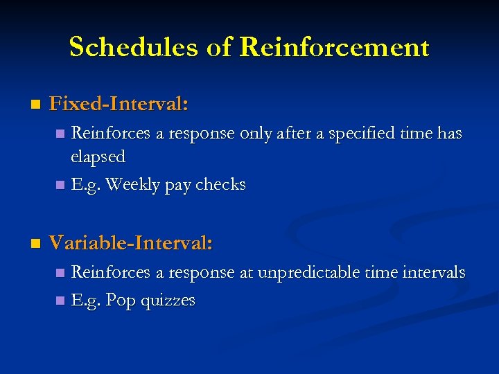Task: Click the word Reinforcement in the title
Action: tap(334, 47)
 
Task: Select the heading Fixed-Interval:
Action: tap(119, 105)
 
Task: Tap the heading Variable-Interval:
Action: tap(131, 243)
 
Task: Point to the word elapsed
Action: tap(98, 157)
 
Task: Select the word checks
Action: tap(220, 185)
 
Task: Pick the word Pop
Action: tap(121, 301)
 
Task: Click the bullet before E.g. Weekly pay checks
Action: tap(60, 186)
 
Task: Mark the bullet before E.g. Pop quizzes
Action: tap(60, 301)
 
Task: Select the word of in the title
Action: tap(220, 47)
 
